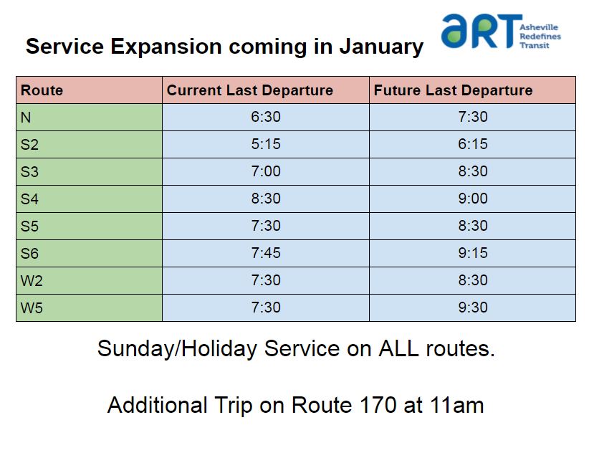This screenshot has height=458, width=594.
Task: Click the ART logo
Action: click(x=501, y=32)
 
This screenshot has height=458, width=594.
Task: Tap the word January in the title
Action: click(x=381, y=47)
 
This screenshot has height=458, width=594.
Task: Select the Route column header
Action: click(x=42, y=90)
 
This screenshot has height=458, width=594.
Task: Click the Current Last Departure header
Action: click(x=249, y=90)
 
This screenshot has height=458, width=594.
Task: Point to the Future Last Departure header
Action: click(x=453, y=90)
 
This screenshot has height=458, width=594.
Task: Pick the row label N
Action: click(x=26, y=118)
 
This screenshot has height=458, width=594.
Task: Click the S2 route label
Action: click(x=29, y=145)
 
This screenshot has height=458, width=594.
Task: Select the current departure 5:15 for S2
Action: click(x=266, y=144)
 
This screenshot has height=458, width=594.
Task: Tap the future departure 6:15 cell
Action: click(x=472, y=144)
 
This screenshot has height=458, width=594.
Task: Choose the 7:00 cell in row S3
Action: click(x=266, y=171)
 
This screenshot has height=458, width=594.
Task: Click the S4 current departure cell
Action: click(x=266, y=199)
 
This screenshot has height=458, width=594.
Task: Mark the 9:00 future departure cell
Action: click(x=472, y=199)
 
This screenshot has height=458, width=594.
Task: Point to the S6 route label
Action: click(x=29, y=254)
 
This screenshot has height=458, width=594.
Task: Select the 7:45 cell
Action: click(x=266, y=253)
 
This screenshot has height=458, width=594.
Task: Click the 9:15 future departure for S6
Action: click(x=472, y=253)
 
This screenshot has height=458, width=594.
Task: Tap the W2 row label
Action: click(x=32, y=281)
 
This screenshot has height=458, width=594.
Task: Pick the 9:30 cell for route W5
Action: click(x=472, y=307)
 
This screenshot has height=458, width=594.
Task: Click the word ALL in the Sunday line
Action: click(x=398, y=348)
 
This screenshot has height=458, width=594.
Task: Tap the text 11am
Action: click(x=456, y=405)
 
